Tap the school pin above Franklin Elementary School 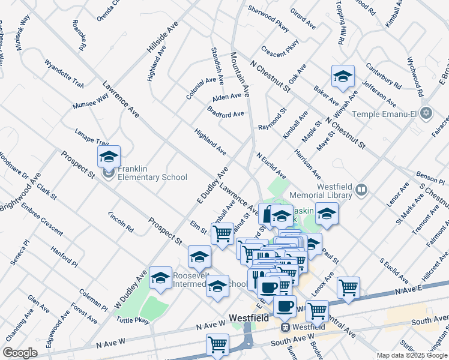(109, 158)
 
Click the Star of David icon (426, 113)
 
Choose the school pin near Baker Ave (343, 77)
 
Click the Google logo (20, 353)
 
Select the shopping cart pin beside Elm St (222, 233)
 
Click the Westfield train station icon (285, 328)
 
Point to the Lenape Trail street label (92, 137)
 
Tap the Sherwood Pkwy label (268, 20)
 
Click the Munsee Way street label (90, 100)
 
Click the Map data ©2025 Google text (411, 355)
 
